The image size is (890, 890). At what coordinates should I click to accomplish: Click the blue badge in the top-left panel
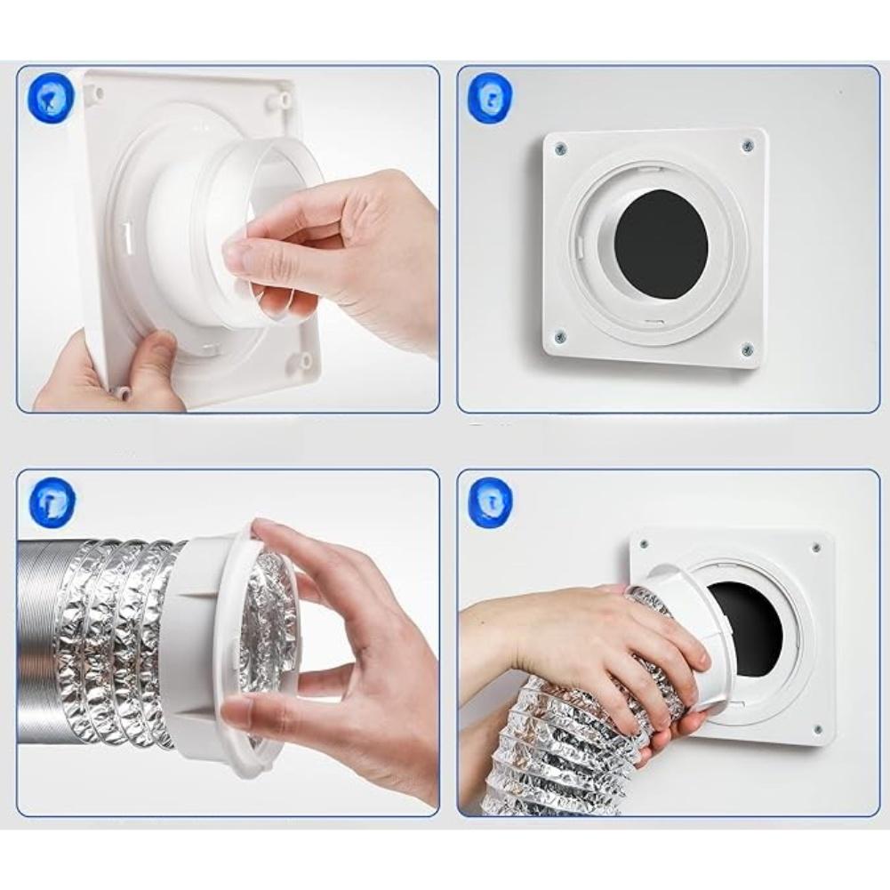pos(51,97)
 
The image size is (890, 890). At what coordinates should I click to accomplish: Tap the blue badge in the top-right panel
pos(489,97)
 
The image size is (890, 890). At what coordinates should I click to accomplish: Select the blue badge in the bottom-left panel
pos(52,500)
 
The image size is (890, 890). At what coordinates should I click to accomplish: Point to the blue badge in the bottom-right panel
pos(489,501)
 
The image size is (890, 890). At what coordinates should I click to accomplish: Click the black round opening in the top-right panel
pos(661,244)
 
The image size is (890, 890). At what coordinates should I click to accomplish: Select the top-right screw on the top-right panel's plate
pos(747,145)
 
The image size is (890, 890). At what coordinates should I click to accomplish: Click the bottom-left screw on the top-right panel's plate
pos(560,336)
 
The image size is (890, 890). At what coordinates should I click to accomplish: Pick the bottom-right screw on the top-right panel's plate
pos(747,349)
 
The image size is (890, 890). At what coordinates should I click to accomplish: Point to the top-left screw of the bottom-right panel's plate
pos(642,544)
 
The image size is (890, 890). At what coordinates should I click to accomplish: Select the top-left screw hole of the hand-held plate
pos(98,91)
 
